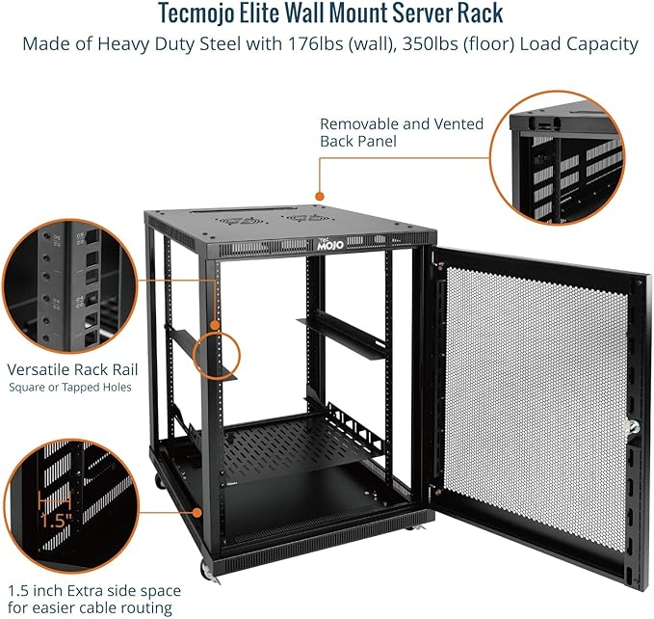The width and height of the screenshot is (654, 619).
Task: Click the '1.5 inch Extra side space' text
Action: click(x=93, y=590)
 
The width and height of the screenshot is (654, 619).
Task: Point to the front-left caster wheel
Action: click(x=206, y=570)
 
